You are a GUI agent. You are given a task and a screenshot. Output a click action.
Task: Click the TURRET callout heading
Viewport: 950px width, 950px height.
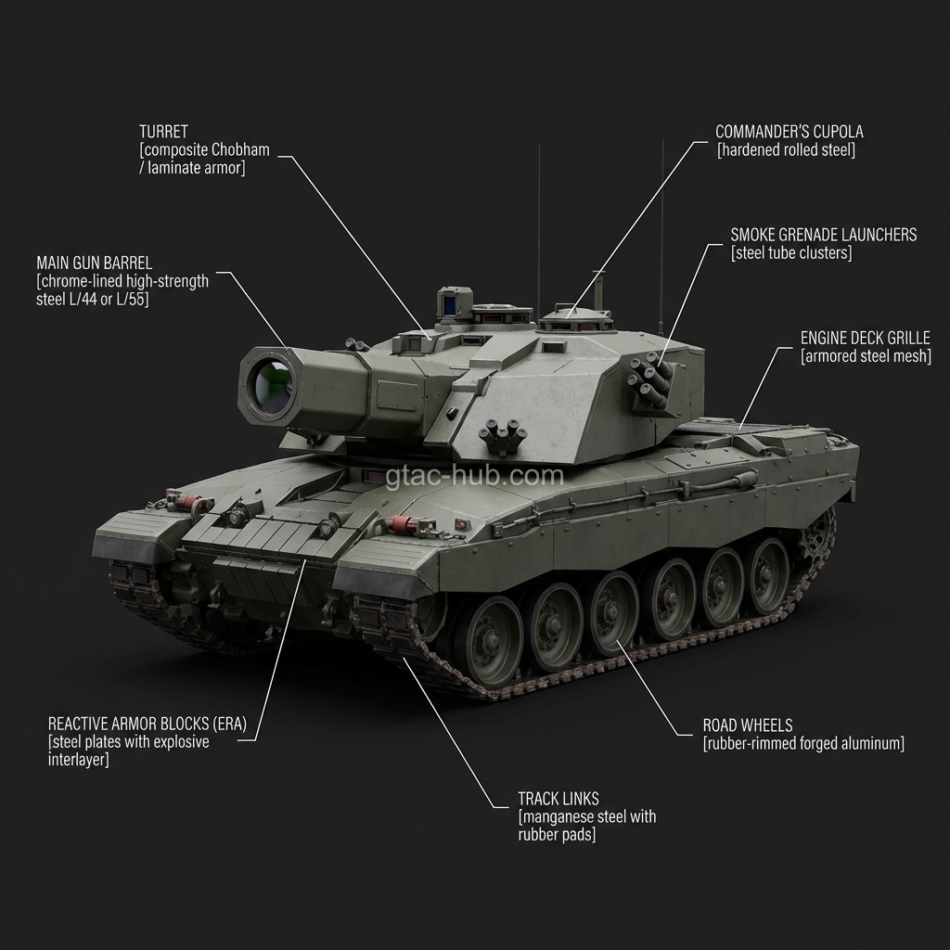(x=163, y=132)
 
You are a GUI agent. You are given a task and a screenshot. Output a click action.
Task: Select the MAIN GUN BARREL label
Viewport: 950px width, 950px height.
(x=94, y=263)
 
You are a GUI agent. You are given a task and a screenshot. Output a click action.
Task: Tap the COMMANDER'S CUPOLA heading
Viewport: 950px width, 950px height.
(x=790, y=132)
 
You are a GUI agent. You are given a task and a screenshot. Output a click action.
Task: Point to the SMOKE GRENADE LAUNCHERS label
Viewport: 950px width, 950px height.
(x=824, y=235)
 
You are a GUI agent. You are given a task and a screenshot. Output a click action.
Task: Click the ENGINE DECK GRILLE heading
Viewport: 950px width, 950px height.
(x=866, y=338)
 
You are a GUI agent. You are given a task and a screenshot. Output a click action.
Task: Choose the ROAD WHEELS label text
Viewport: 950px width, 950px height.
(x=748, y=725)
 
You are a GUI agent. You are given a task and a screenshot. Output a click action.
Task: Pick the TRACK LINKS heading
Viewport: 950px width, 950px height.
(x=558, y=799)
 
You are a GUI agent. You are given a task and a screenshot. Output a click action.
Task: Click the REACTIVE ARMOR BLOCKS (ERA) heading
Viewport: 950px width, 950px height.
(x=148, y=724)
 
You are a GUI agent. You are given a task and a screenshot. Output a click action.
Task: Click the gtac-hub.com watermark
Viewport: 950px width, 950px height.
(x=474, y=476)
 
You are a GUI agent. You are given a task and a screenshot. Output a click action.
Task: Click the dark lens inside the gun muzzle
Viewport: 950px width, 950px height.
(x=271, y=384)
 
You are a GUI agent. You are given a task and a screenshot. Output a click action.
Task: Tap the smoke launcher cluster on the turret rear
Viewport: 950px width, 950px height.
(x=650, y=379)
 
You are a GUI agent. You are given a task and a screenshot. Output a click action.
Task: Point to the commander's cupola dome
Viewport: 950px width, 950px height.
(x=575, y=317)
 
